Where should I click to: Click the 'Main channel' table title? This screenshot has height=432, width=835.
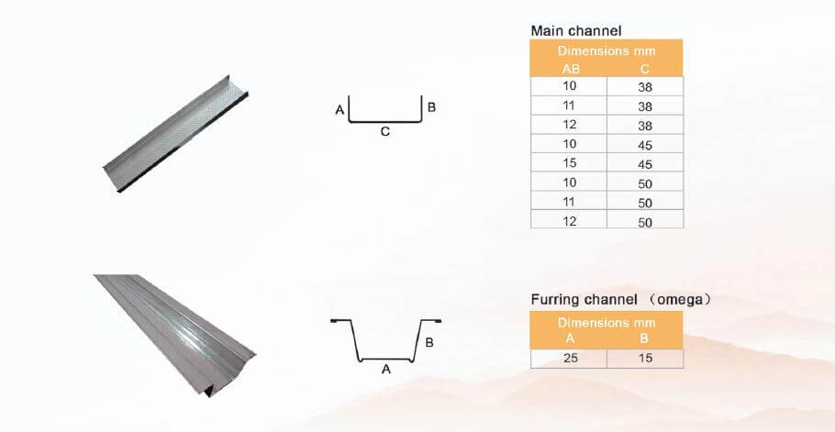point(575,30)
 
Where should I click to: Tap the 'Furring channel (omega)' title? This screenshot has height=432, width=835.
point(621,300)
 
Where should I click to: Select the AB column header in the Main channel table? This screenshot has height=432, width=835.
point(569,68)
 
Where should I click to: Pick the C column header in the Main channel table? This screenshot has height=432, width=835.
point(644,68)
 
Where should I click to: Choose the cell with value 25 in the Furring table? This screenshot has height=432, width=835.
point(569,358)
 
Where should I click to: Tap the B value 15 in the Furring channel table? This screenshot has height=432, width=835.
point(644,358)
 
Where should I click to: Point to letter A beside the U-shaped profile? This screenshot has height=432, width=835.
point(340,111)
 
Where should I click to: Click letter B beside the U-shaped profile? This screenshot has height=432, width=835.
point(432,107)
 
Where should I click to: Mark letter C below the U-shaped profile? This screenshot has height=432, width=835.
point(385,132)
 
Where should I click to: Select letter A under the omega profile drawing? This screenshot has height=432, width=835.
point(385,370)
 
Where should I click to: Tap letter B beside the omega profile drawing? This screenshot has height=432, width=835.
point(429,342)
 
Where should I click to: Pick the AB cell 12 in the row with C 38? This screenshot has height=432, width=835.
point(569,124)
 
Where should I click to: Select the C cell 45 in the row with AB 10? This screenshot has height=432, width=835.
point(644,143)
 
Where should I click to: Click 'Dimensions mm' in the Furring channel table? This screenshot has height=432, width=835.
point(607,322)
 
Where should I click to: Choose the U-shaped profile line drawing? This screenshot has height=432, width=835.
point(385,109)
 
